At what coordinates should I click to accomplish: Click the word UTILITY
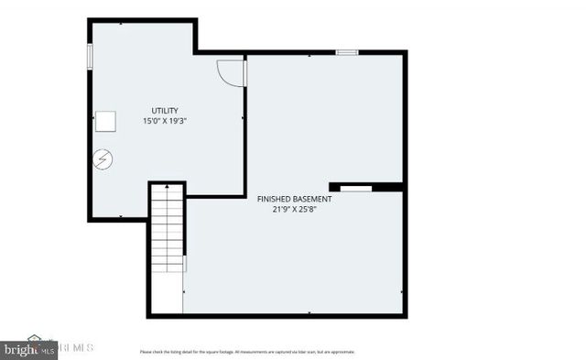point(165,110)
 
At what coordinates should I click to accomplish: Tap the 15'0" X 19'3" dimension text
point(165,121)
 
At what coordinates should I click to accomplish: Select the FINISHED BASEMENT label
point(294,198)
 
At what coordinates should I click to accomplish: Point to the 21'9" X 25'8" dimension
point(294,209)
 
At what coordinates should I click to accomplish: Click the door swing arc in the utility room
point(231,72)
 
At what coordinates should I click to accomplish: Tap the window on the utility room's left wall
point(90,54)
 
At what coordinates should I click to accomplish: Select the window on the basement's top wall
point(346,53)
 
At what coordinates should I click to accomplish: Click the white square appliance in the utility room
point(107,121)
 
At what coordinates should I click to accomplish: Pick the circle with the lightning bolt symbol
point(103,159)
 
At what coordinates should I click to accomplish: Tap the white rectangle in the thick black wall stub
point(357,188)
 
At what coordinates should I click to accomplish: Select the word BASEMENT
point(313,198)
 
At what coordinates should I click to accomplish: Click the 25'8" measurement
point(314,209)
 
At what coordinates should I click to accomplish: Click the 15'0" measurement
point(151,121)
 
